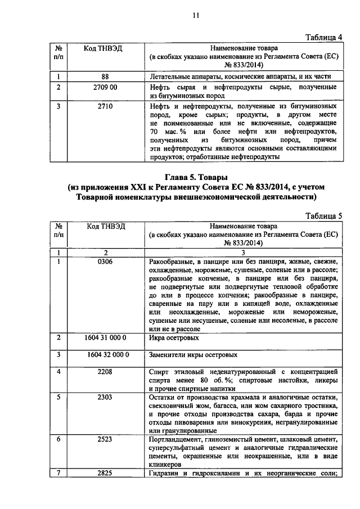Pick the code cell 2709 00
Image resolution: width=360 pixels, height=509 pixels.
click(105, 87)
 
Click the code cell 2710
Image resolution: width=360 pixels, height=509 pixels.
click(105, 106)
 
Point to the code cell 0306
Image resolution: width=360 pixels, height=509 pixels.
click(105, 262)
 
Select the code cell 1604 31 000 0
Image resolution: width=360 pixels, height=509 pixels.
click(106, 339)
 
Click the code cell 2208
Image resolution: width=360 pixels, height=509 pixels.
click(105, 372)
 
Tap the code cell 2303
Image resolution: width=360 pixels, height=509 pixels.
click(105, 397)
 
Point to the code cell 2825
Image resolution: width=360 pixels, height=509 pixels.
click(105, 472)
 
